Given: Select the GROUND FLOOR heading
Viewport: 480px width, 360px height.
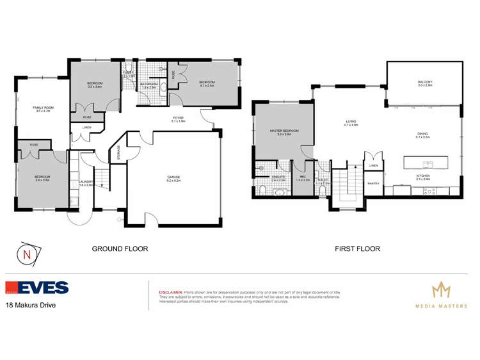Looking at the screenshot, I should tap(120, 249).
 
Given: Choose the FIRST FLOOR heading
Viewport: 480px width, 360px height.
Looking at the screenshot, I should tap(358, 249).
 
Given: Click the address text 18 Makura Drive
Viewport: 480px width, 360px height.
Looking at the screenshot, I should tap(30, 306).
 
